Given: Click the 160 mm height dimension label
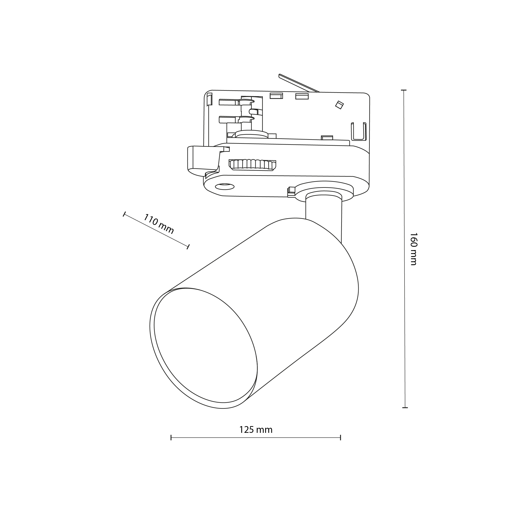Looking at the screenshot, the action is (413, 249).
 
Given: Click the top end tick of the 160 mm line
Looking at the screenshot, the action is (404, 90).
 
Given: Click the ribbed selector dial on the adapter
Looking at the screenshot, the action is (252, 165).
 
